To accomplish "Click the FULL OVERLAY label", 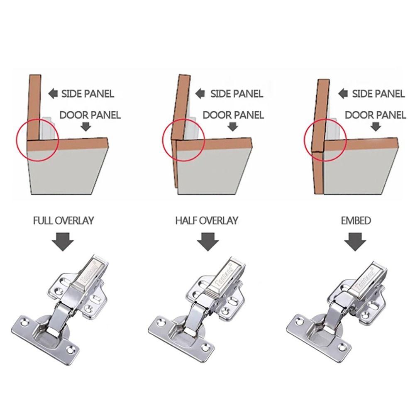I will tap(63, 220).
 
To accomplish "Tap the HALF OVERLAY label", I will tap(207, 220).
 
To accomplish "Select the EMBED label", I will tap(356, 220).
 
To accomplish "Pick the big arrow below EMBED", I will tap(356, 242).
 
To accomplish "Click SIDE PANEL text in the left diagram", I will tap(88, 94).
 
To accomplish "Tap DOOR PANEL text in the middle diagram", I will tap(233, 115).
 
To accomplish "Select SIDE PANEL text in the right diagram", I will tap(378, 94).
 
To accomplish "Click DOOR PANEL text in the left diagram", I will tap(90, 115).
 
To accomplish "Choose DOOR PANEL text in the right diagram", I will tap(376, 115).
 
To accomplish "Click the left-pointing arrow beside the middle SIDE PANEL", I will tap(201, 93).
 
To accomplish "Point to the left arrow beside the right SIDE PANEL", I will tap(343, 93).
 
